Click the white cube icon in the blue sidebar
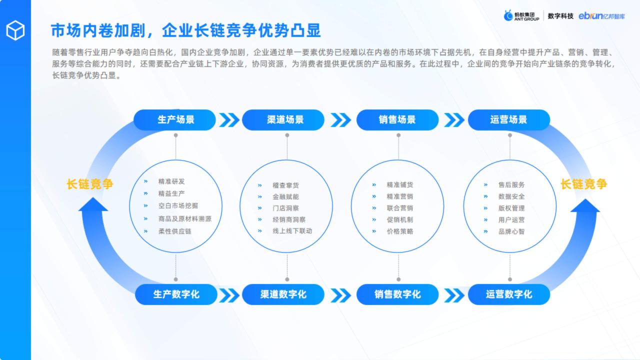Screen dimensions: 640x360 pos(15,30)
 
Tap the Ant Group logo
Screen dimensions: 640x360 pos(521,15)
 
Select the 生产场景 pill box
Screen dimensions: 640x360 pos(174,119)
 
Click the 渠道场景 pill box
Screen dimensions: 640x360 pos(283,119)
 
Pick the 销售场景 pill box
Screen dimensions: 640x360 pos(397,119)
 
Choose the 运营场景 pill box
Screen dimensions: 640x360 pos(509,119)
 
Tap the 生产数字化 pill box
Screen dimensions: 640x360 pos(176,294)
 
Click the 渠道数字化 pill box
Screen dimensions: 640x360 pos(283,294)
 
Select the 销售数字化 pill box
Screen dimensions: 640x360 pos(397,294)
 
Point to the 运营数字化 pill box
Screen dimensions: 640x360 pos(509,294)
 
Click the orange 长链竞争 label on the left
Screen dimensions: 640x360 pos(90,184)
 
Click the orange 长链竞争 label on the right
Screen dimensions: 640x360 pos(583,184)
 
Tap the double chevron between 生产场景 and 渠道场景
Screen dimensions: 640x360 pos(229,120)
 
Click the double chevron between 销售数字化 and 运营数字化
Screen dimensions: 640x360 pos(454,295)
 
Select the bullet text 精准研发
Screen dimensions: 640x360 pos(171,181)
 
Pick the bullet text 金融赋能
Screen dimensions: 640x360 pos(285,196)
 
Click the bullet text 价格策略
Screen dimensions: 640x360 pos(400,231)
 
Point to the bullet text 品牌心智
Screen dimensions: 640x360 pos(511,231)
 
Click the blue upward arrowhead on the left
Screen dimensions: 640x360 pos(93,204)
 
